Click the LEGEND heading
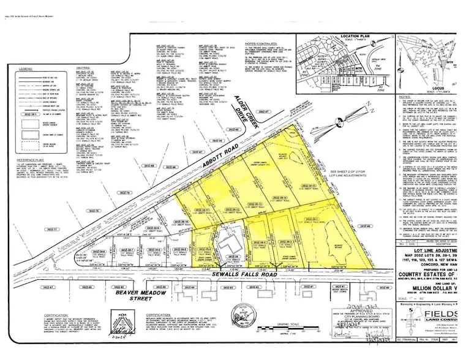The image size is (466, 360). [x=25, y=70]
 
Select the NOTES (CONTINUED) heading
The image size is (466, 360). [x=260, y=43]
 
